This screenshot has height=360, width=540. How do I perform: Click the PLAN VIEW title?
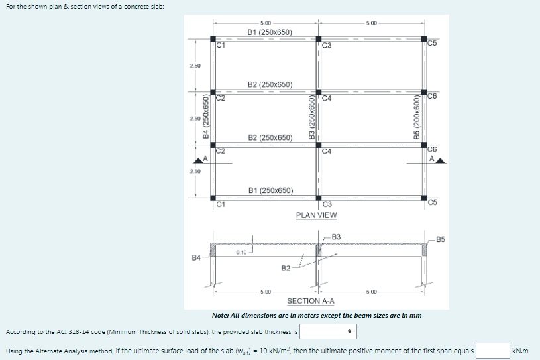[316, 215]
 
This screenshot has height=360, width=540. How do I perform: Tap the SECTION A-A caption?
[311, 300]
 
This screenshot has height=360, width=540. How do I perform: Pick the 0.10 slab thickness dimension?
[241, 252]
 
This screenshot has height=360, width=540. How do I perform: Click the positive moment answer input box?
[492, 350]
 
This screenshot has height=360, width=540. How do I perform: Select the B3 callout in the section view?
[336, 237]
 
